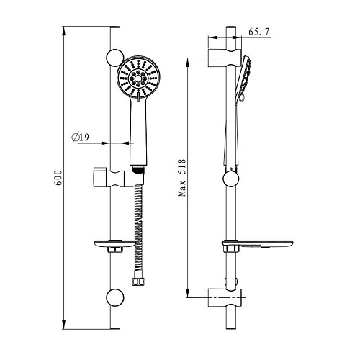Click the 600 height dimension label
58,178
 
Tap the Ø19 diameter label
81,138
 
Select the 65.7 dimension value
259,32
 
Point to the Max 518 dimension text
181,177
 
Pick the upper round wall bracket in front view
115,58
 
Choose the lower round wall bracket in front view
115,297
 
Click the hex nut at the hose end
139,281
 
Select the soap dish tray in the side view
258,244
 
